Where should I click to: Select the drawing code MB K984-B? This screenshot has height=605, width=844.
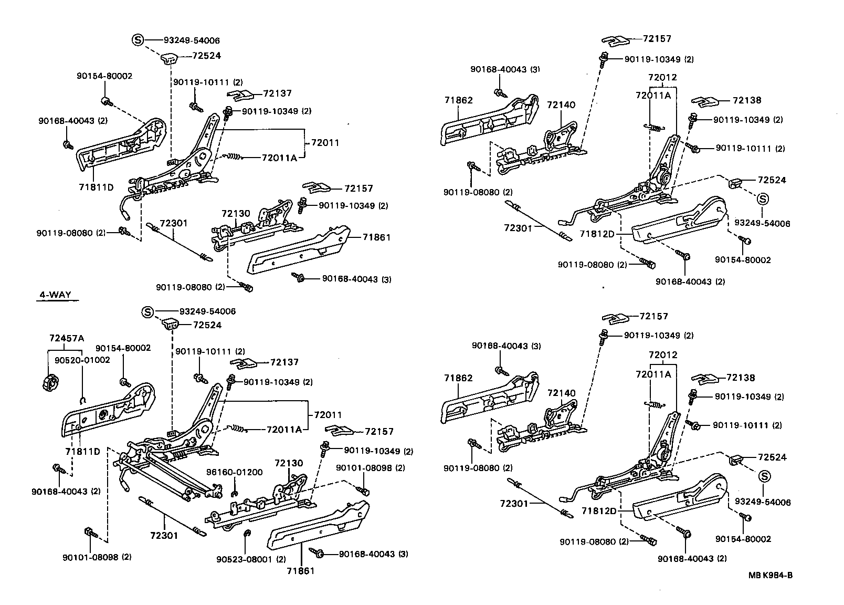point(770,575)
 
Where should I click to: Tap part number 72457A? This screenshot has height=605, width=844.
point(66,338)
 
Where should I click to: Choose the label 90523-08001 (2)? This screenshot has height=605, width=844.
point(251,559)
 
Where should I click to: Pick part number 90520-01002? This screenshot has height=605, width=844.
point(82,360)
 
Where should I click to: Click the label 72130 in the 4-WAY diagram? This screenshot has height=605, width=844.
point(289,463)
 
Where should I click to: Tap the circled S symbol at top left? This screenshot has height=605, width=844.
point(136,40)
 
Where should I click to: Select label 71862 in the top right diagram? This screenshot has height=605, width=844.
point(458,100)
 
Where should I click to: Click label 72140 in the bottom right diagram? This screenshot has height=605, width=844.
point(561,393)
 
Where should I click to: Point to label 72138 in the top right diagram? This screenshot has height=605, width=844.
point(747,100)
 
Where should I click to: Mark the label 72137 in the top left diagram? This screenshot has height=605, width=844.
point(277,93)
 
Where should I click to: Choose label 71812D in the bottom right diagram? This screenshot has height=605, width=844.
point(597,510)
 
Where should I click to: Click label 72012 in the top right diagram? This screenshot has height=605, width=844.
point(662,77)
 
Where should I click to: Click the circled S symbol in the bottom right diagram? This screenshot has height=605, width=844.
point(764,476)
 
